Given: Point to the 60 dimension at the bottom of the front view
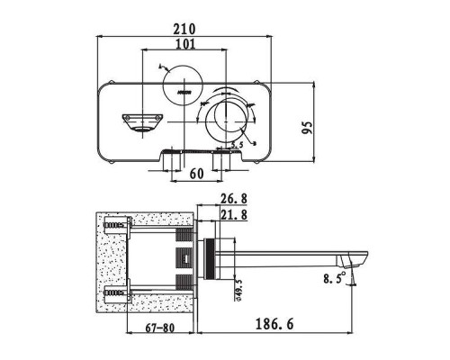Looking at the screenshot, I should (x=195, y=174).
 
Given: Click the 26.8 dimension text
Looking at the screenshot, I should (x=234, y=200).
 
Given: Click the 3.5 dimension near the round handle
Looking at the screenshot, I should (x=237, y=144).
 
